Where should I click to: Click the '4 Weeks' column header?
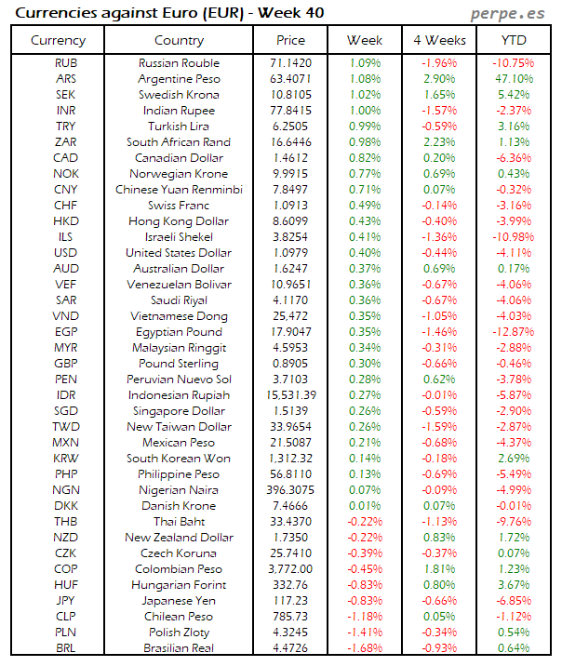(x=439, y=41)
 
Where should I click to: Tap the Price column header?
(x=291, y=41)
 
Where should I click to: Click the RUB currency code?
(x=66, y=63)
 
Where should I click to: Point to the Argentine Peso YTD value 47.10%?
(x=515, y=79)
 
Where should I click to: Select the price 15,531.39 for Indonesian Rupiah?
(x=290, y=395)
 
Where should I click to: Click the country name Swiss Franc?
(x=179, y=206)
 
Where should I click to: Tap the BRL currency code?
(x=66, y=648)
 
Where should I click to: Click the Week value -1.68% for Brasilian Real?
(x=364, y=648)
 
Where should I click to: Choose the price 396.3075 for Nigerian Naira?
(x=290, y=490)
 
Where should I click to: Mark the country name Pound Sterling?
(x=179, y=364)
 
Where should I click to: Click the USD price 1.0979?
(x=290, y=253)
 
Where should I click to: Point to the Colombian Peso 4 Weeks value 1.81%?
(x=439, y=569)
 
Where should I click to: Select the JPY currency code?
(x=66, y=601)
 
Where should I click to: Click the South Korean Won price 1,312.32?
(x=290, y=459)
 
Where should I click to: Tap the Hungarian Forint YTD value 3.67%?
(x=515, y=585)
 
